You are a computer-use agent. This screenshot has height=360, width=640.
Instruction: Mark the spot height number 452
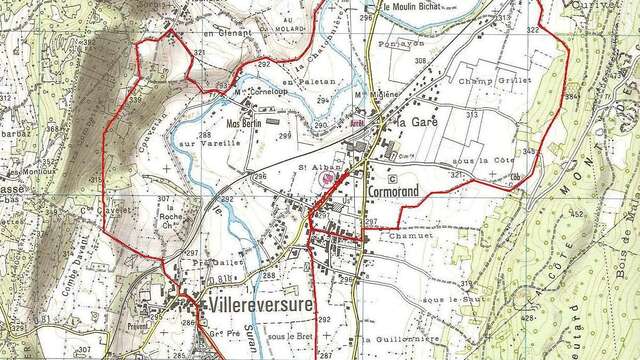(x=577, y=214)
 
